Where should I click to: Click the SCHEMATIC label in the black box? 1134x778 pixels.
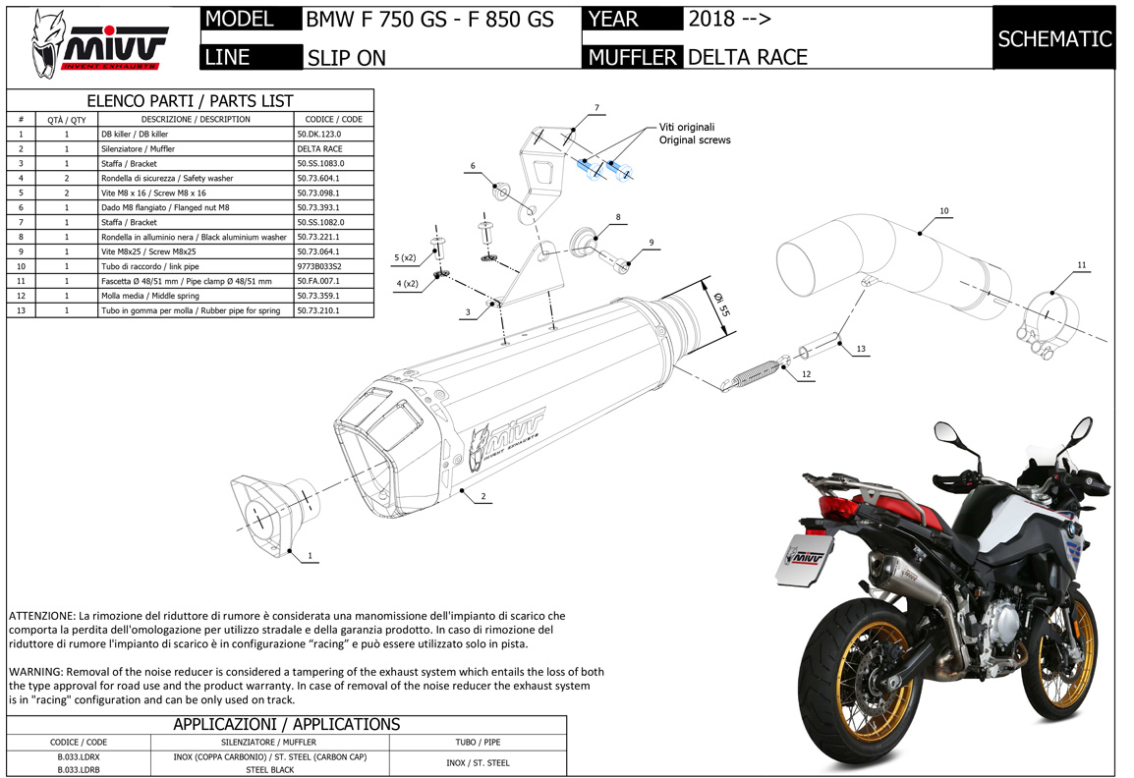tap(1054, 38)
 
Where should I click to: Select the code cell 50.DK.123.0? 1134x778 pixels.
tap(319, 134)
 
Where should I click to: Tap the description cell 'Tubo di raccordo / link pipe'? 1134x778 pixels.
tap(150, 266)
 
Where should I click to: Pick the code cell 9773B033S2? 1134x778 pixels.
tap(320, 266)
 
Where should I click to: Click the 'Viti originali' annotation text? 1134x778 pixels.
tap(687, 127)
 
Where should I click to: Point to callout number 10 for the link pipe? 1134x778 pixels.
tap(943, 210)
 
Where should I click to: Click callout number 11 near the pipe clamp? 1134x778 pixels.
tap(1082, 265)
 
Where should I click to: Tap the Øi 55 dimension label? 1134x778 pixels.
tap(719, 300)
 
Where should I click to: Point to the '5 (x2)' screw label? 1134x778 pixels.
tap(406, 258)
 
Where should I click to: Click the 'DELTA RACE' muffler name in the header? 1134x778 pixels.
tap(747, 57)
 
